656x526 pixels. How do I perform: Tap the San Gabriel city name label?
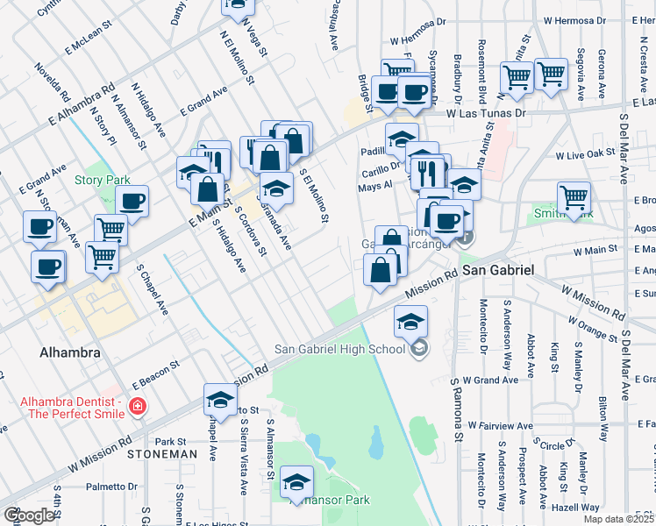[498, 271]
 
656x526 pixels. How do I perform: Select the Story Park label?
[102, 181]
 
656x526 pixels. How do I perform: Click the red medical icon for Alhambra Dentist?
[137, 406]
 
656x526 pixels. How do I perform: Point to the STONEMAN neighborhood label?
[161, 454]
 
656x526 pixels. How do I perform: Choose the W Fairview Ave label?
[500, 425]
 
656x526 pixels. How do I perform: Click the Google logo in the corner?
[28, 515]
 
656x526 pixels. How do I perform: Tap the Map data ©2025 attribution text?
[618, 519]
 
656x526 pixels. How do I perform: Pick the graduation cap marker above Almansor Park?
[298, 482]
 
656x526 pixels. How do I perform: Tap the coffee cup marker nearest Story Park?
[132, 201]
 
